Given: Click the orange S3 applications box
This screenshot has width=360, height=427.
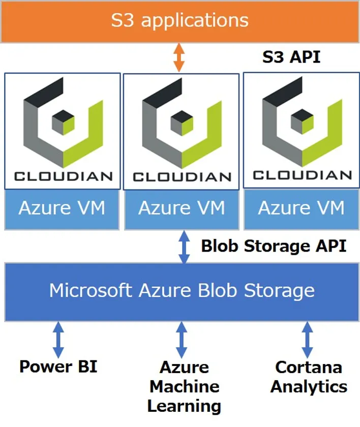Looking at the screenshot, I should (x=180, y=21).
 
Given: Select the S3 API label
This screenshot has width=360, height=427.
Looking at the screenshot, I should (x=291, y=57).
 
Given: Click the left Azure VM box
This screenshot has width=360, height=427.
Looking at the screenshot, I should (x=62, y=208).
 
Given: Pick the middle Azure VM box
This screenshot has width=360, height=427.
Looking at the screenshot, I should (x=182, y=208).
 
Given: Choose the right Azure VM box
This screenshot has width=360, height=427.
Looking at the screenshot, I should (x=302, y=208).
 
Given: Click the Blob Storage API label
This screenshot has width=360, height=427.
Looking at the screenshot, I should (x=274, y=246).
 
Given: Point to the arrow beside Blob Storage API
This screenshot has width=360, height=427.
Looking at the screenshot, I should (x=184, y=247).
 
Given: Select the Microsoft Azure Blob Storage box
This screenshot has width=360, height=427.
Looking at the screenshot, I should (x=182, y=291).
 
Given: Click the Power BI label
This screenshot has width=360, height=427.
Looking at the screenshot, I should (x=58, y=366).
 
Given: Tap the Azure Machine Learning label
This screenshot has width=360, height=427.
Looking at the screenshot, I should (x=184, y=386).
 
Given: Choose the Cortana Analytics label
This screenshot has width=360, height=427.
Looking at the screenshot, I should (x=309, y=377).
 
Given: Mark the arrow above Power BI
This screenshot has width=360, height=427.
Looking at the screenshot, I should (x=58, y=340).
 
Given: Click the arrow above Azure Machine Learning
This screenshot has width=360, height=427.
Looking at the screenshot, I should (x=182, y=340).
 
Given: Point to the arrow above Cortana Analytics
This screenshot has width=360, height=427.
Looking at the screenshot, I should (x=307, y=340).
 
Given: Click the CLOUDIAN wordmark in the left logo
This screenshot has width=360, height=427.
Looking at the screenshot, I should (x=63, y=176).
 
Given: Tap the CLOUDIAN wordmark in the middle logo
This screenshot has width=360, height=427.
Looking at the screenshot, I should (x=182, y=177).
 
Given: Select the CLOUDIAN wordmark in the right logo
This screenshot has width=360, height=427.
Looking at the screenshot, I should (x=302, y=175).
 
